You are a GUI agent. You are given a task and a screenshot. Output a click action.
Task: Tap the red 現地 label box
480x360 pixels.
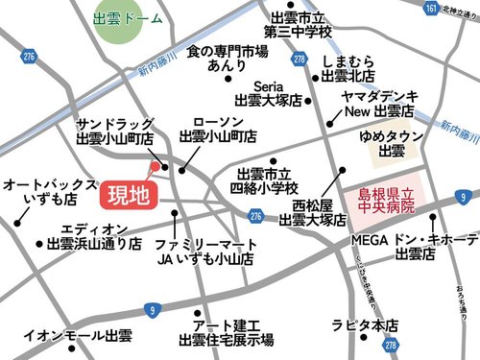point(127,197)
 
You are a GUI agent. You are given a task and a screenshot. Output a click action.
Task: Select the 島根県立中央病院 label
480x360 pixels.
point(381,200)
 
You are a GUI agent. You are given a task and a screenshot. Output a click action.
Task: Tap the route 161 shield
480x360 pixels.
point(431,9)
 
